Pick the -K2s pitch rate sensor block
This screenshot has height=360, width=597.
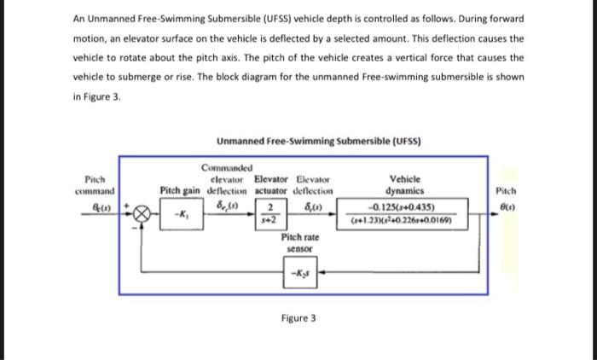click(300, 273)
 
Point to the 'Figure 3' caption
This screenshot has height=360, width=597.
click(298, 318)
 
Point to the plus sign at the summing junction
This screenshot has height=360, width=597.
click(129, 204)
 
